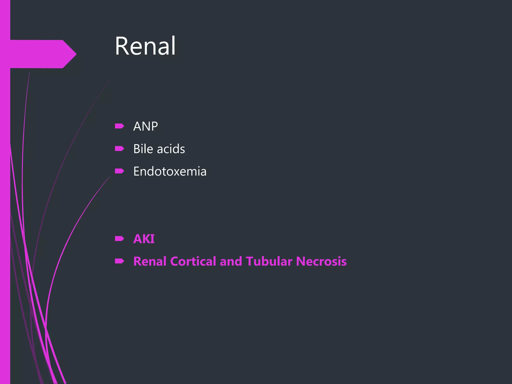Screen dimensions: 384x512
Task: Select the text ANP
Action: (x=145, y=126)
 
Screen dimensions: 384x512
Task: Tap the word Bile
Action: (x=143, y=149)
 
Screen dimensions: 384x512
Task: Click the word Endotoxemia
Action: (x=170, y=171)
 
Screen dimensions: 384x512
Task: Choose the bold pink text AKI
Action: (x=144, y=239)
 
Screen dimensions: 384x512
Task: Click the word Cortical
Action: (x=193, y=261)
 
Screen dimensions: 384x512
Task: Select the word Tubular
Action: (x=269, y=261)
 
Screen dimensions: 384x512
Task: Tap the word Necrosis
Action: (x=321, y=261)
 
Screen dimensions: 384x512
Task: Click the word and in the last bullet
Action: (x=231, y=261)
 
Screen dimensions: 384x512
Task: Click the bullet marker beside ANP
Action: (x=119, y=126)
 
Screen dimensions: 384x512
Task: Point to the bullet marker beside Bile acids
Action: (x=119, y=149)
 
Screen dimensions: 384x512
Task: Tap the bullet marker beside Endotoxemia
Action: (x=119, y=171)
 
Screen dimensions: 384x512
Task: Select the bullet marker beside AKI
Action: (x=119, y=239)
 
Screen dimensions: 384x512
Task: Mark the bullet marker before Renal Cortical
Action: (x=119, y=261)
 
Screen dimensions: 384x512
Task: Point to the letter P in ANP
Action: (x=154, y=126)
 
